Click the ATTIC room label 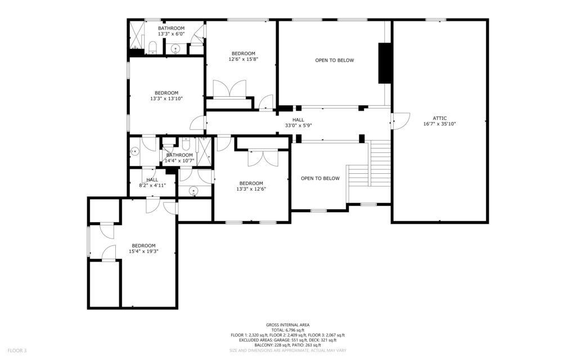coord(439,118)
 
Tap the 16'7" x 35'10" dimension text coord(439,124)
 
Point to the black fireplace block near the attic coord(385,63)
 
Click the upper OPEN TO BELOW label coord(334,60)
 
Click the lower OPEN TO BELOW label coord(320,178)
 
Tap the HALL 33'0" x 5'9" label coord(298,122)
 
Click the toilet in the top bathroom coord(153,47)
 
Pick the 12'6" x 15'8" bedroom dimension coord(243,58)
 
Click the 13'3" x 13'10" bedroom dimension coord(166,98)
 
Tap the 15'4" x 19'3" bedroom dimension coord(143,251)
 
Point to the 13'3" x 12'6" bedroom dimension coord(251,189)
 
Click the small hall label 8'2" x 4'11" coord(152,185)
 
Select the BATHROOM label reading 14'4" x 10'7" coord(179,157)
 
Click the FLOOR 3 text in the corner coord(17,350)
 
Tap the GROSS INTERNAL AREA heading coord(287,325)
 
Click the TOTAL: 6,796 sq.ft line coord(287,330)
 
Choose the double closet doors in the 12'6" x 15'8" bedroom coord(229,88)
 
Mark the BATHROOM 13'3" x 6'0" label coord(171,31)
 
